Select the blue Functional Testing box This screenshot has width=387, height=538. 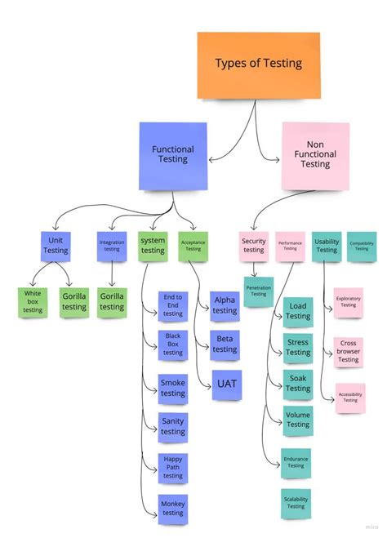click(172, 154)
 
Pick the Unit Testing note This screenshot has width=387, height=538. click(56, 245)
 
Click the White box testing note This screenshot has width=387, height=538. click(33, 301)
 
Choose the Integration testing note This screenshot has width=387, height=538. click(112, 245)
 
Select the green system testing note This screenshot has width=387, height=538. click(153, 245)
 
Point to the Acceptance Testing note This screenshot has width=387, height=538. click(193, 245)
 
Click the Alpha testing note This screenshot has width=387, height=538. click(225, 305)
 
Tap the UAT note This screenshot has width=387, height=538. click(226, 385)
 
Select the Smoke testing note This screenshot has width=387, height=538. click(173, 388)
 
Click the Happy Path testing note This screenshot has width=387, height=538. click(173, 467)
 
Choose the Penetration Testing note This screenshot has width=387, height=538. click(258, 290)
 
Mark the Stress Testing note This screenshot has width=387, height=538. click(297, 347)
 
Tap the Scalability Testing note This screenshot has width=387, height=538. click(296, 502)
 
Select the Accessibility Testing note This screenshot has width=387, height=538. click(349, 398)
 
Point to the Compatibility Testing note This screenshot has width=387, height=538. click(362, 245)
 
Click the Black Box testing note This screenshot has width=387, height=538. click(173, 345)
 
